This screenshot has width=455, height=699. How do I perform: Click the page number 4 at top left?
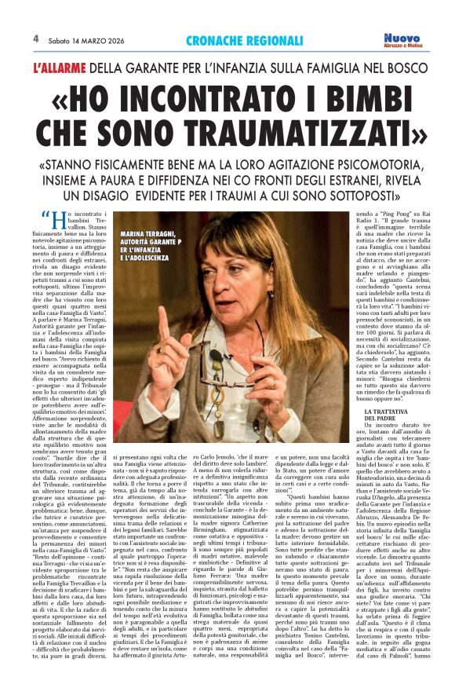36,38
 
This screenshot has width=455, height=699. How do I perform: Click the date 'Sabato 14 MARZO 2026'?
82,39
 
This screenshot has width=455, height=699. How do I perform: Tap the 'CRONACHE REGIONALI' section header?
244,40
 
